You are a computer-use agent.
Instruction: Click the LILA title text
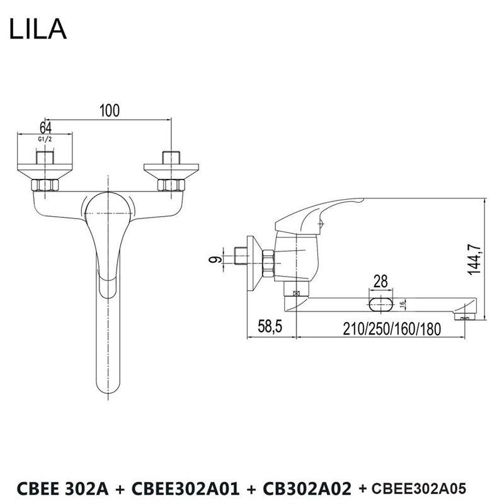(38, 29)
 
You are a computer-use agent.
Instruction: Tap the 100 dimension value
(109, 110)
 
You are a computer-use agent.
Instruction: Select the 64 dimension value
(45, 128)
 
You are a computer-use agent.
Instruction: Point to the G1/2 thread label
(45, 139)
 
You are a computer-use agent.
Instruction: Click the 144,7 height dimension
(474, 259)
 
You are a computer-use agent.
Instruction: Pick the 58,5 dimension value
(270, 326)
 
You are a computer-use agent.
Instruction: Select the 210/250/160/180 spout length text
(392, 329)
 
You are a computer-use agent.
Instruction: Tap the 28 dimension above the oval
(381, 281)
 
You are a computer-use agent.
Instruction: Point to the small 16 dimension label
(402, 304)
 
